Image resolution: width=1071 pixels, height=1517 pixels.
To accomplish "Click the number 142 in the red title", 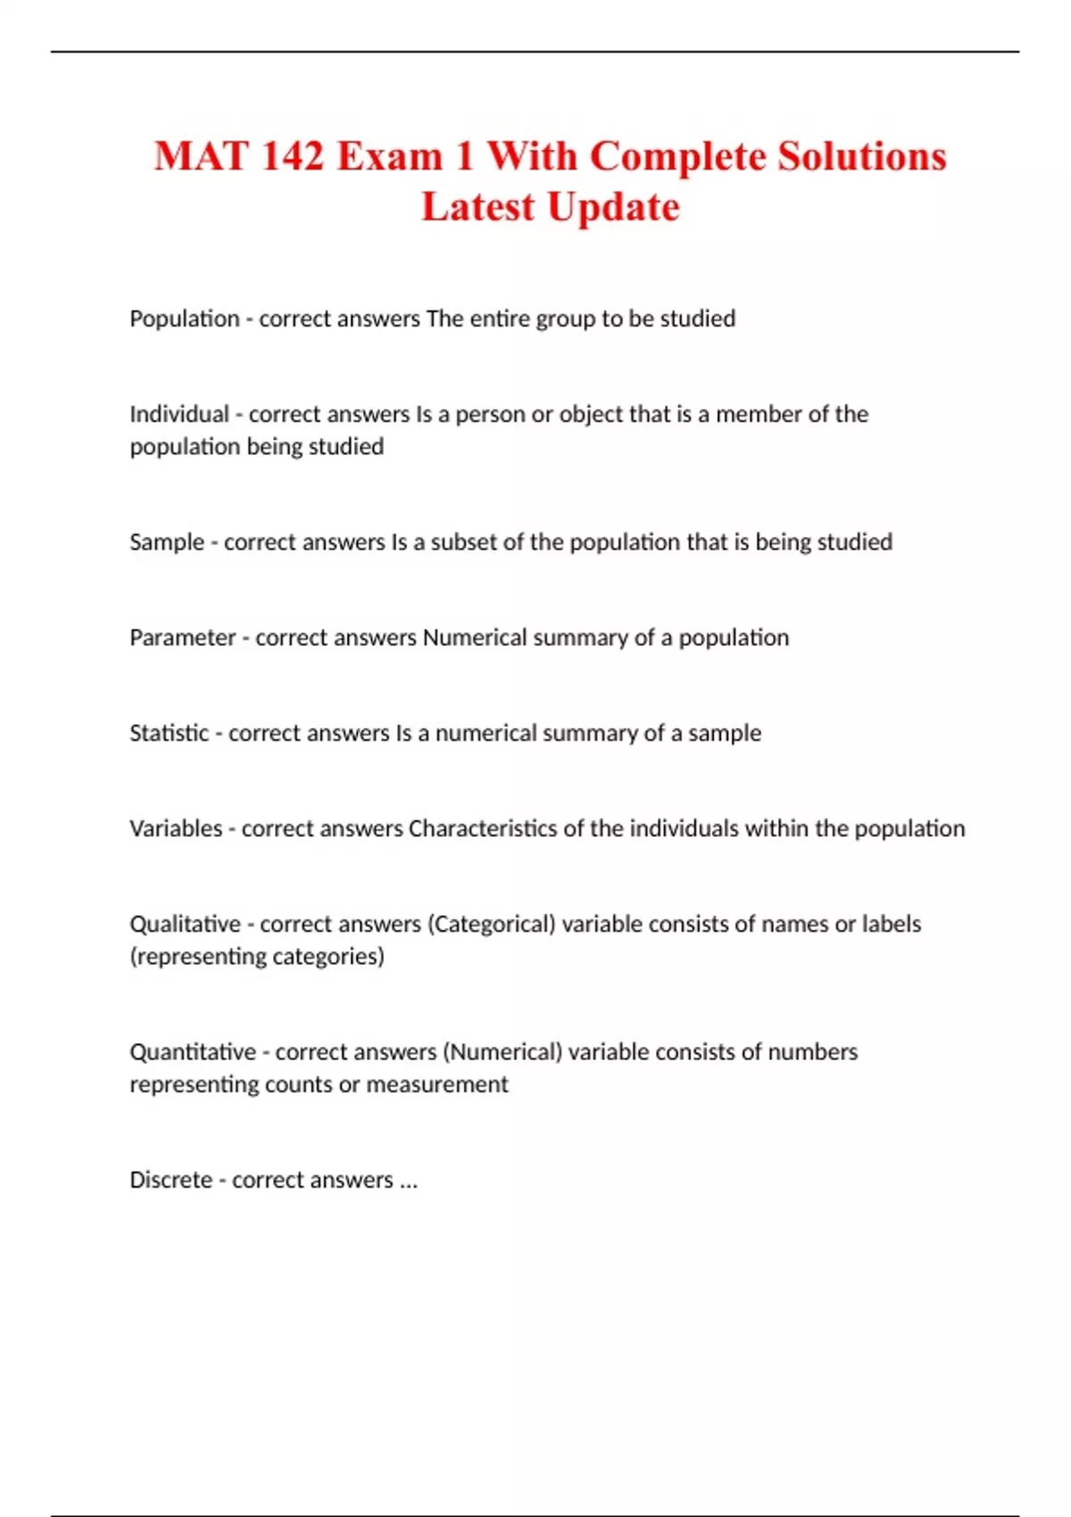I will tap(293, 156).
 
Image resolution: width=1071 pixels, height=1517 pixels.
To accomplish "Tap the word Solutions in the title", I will tap(861, 156).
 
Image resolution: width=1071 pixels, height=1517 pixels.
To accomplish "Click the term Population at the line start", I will tap(185, 319).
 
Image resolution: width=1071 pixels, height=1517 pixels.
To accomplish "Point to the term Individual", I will tap(179, 414).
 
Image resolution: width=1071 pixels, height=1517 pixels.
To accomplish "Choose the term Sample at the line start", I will tap(167, 542).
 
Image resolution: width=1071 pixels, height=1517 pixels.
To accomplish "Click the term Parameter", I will tap(183, 637).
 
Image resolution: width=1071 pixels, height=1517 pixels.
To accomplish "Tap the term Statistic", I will tap(170, 733).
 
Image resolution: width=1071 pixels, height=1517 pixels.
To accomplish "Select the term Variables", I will tap(176, 828).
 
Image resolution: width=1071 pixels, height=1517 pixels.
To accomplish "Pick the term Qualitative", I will tap(186, 924).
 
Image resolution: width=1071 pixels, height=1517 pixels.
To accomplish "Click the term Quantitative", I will tap(193, 1051).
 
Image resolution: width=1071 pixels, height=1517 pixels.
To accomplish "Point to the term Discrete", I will tap(171, 1180).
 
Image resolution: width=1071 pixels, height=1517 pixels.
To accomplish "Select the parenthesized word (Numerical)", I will tap(502, 1051).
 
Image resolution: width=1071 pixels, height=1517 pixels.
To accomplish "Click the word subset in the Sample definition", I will tap(464, 542).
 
